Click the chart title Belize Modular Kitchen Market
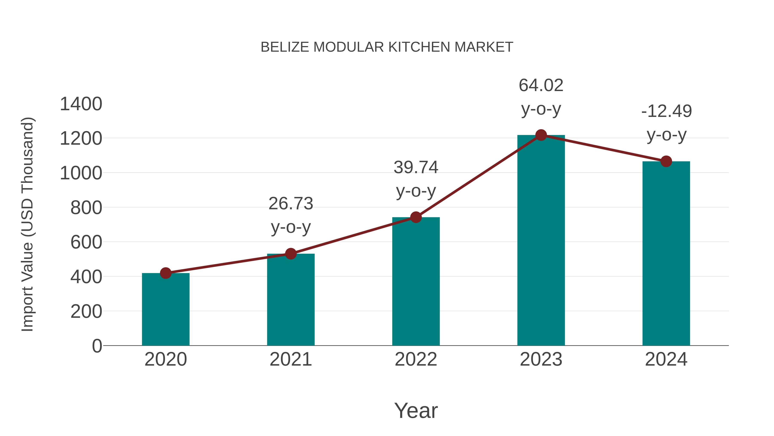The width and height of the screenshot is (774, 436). pyautogui.click(x=387, y=47)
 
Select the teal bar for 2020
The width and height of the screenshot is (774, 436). pyautogui.click(x=166, y=310)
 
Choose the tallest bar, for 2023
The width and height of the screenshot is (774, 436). pyautogui.click(x=541, y=241)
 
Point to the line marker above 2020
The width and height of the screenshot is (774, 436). pyautogui.click(x=166, y=273)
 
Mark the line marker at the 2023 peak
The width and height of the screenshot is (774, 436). pyautogui.click(x=541, y=135)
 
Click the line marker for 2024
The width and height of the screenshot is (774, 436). pyautogui.click(x=666, y=161)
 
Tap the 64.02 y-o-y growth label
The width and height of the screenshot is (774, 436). pyautogui.click(x=541, y=97)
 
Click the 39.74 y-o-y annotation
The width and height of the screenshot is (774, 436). pyautogui.click(x=416, y=179)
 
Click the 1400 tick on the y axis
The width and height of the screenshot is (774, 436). pyautogui.click(x=81, y=104)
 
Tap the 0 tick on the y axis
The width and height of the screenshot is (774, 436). pyautogui.click(x=97, y=346)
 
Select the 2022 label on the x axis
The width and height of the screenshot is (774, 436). pyautogui.click(x=416, y=359)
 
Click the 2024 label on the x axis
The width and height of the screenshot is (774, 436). pyautogui.click(x=666, y=359)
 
